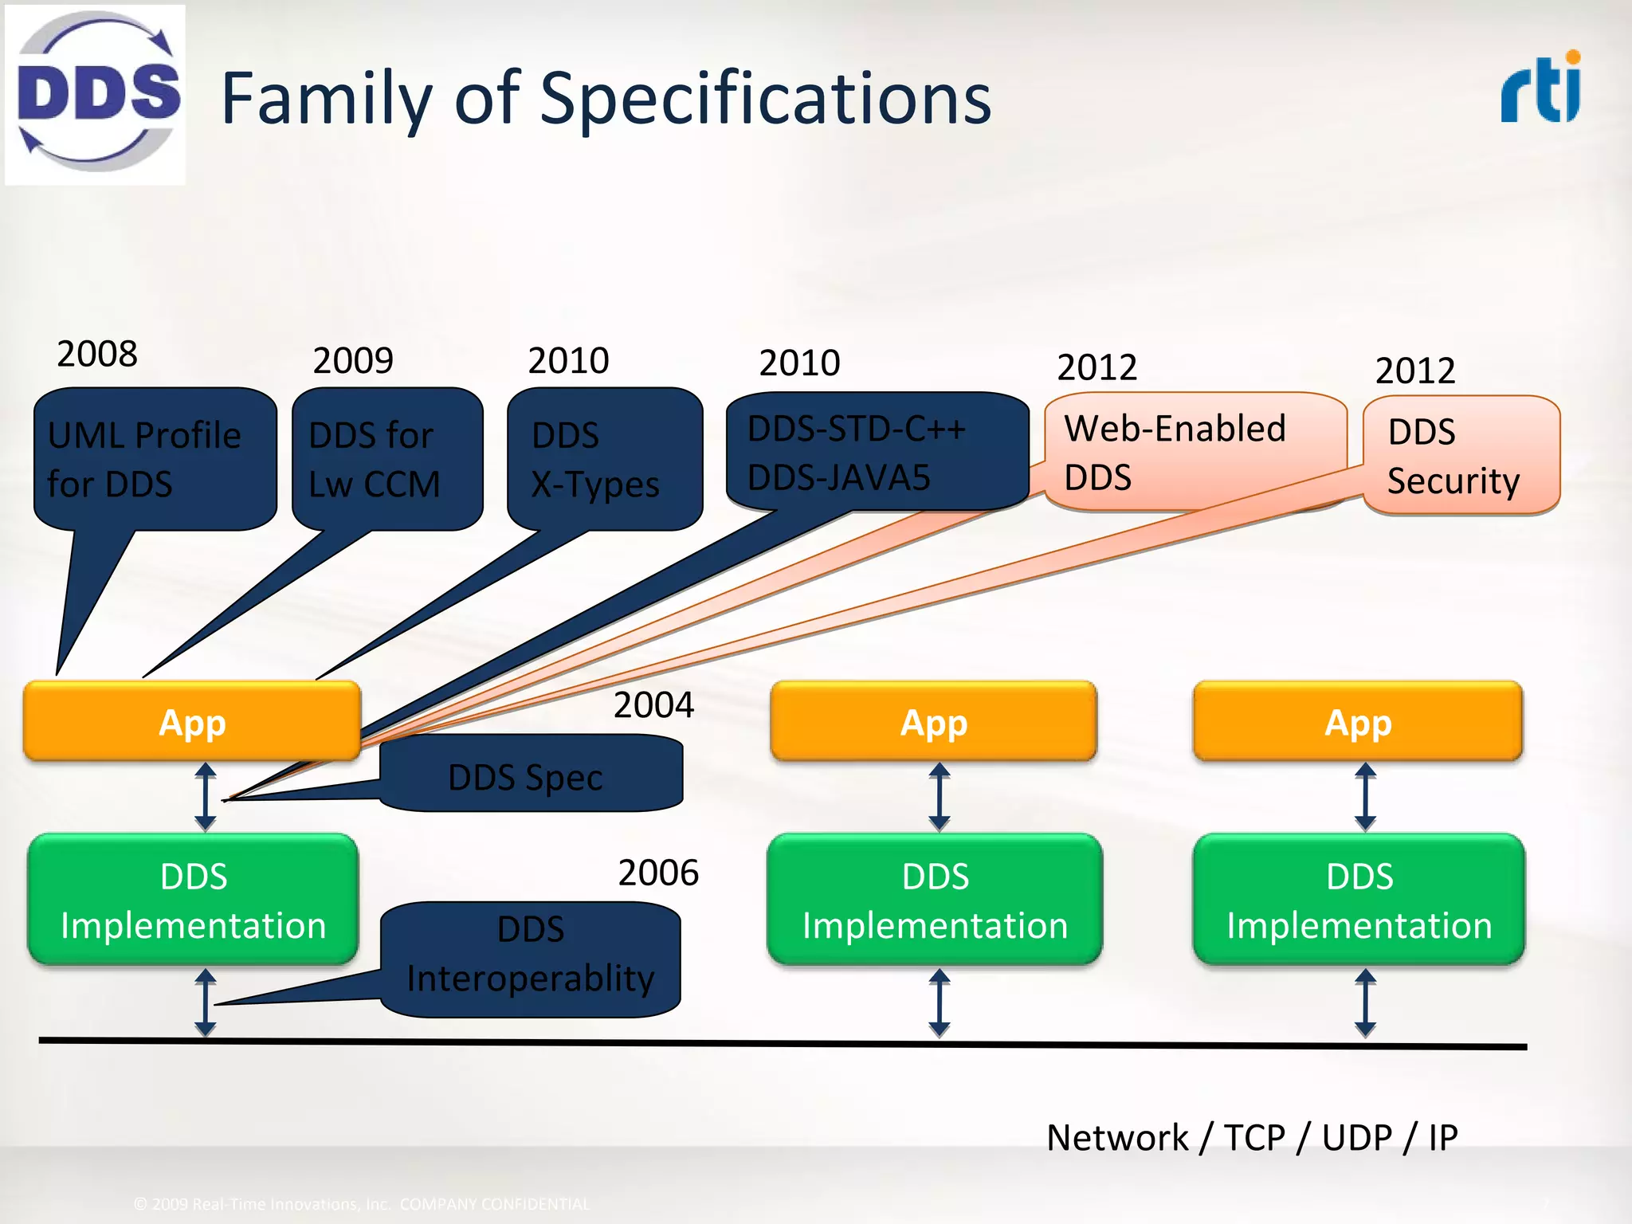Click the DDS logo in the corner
tap(96, 94)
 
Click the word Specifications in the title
tap(765, 99)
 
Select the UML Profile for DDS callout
tap(155, 459)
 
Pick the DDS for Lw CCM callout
tap(387, 459)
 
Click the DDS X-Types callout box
tap(605, 459)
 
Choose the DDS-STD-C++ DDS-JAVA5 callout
tap(877, 452)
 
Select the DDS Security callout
tap(1461, 455)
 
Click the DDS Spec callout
tap(531, 775)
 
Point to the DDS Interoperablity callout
tap(531, 957)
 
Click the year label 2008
tap(97, 354)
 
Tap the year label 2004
tap(653, 705)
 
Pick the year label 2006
tap(658, 873)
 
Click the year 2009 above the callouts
tap(353, 360)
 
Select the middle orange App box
tap(933, 722)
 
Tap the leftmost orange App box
tap(192, 722)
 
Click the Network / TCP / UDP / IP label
tap(1252, 1137)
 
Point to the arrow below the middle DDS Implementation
tap(940, 1002)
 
